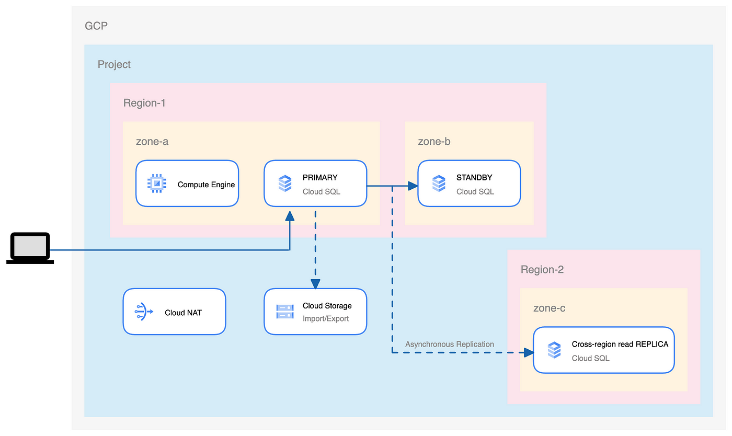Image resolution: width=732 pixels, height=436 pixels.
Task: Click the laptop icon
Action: [x=30, y=248]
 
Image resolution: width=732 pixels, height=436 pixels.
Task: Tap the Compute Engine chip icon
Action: [x=157, y=183]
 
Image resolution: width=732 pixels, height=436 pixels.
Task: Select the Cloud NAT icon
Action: [x=144, y=312]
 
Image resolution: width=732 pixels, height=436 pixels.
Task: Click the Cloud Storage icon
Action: [x=285, y=312]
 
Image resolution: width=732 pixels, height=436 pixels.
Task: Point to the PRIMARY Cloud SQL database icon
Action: [x=285, y=183]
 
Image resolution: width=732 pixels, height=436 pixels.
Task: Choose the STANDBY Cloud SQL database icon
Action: [x=439, y=183]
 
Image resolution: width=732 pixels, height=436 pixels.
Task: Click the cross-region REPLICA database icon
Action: [x=554, y=350]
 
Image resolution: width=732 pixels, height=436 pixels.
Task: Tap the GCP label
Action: [x=96, y=26]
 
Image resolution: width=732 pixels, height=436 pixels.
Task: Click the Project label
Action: [x=114, y=64]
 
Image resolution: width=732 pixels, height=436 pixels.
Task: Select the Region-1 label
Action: [x=144, y=103]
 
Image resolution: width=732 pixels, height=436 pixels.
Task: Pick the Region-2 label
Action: [x=542, y=270]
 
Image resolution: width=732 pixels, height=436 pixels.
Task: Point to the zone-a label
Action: [x=152, y=142]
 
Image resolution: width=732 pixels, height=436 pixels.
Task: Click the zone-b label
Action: [x=434, y=142]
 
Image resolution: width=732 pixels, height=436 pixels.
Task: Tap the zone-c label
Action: [x=550, y=308]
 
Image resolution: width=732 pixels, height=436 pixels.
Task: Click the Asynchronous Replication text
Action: [x=450, y=344]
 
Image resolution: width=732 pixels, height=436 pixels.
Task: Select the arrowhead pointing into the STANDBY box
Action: [x=413, y=186]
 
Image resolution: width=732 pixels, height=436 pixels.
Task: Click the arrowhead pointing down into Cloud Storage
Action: [x=315, y=284]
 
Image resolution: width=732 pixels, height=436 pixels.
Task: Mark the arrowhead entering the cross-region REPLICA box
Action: [x=529, y=353]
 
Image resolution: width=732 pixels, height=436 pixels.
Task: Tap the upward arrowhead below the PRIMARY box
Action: [x=290, y=216]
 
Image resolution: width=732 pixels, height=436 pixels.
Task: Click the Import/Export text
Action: [x=325, y=319]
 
